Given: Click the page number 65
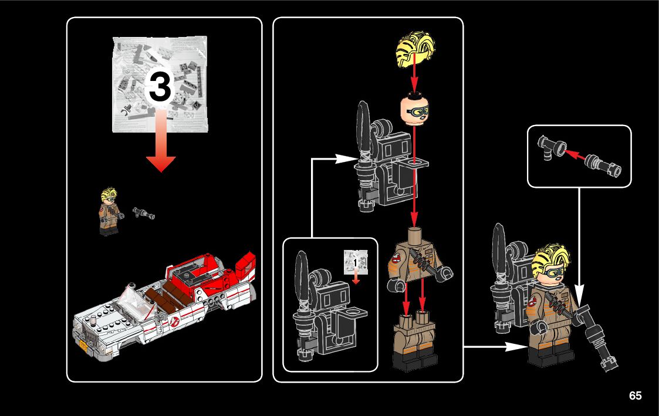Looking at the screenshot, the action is tap(635, 395).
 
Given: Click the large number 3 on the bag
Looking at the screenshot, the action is tap(159, 87).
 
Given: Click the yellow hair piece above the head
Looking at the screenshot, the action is tap(415, 51).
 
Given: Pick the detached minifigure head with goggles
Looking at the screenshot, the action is tap(414, 107).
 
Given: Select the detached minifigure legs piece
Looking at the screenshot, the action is tap(415, 340).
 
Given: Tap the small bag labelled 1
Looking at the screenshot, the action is tap(356, 262).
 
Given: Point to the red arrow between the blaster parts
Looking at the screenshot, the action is tap(574, 155).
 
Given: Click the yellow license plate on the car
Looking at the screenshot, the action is tap(84, 346).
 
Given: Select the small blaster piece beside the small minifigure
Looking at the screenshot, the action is tap(144, 212).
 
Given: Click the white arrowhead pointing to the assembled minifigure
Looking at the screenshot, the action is tap(516, 347).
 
